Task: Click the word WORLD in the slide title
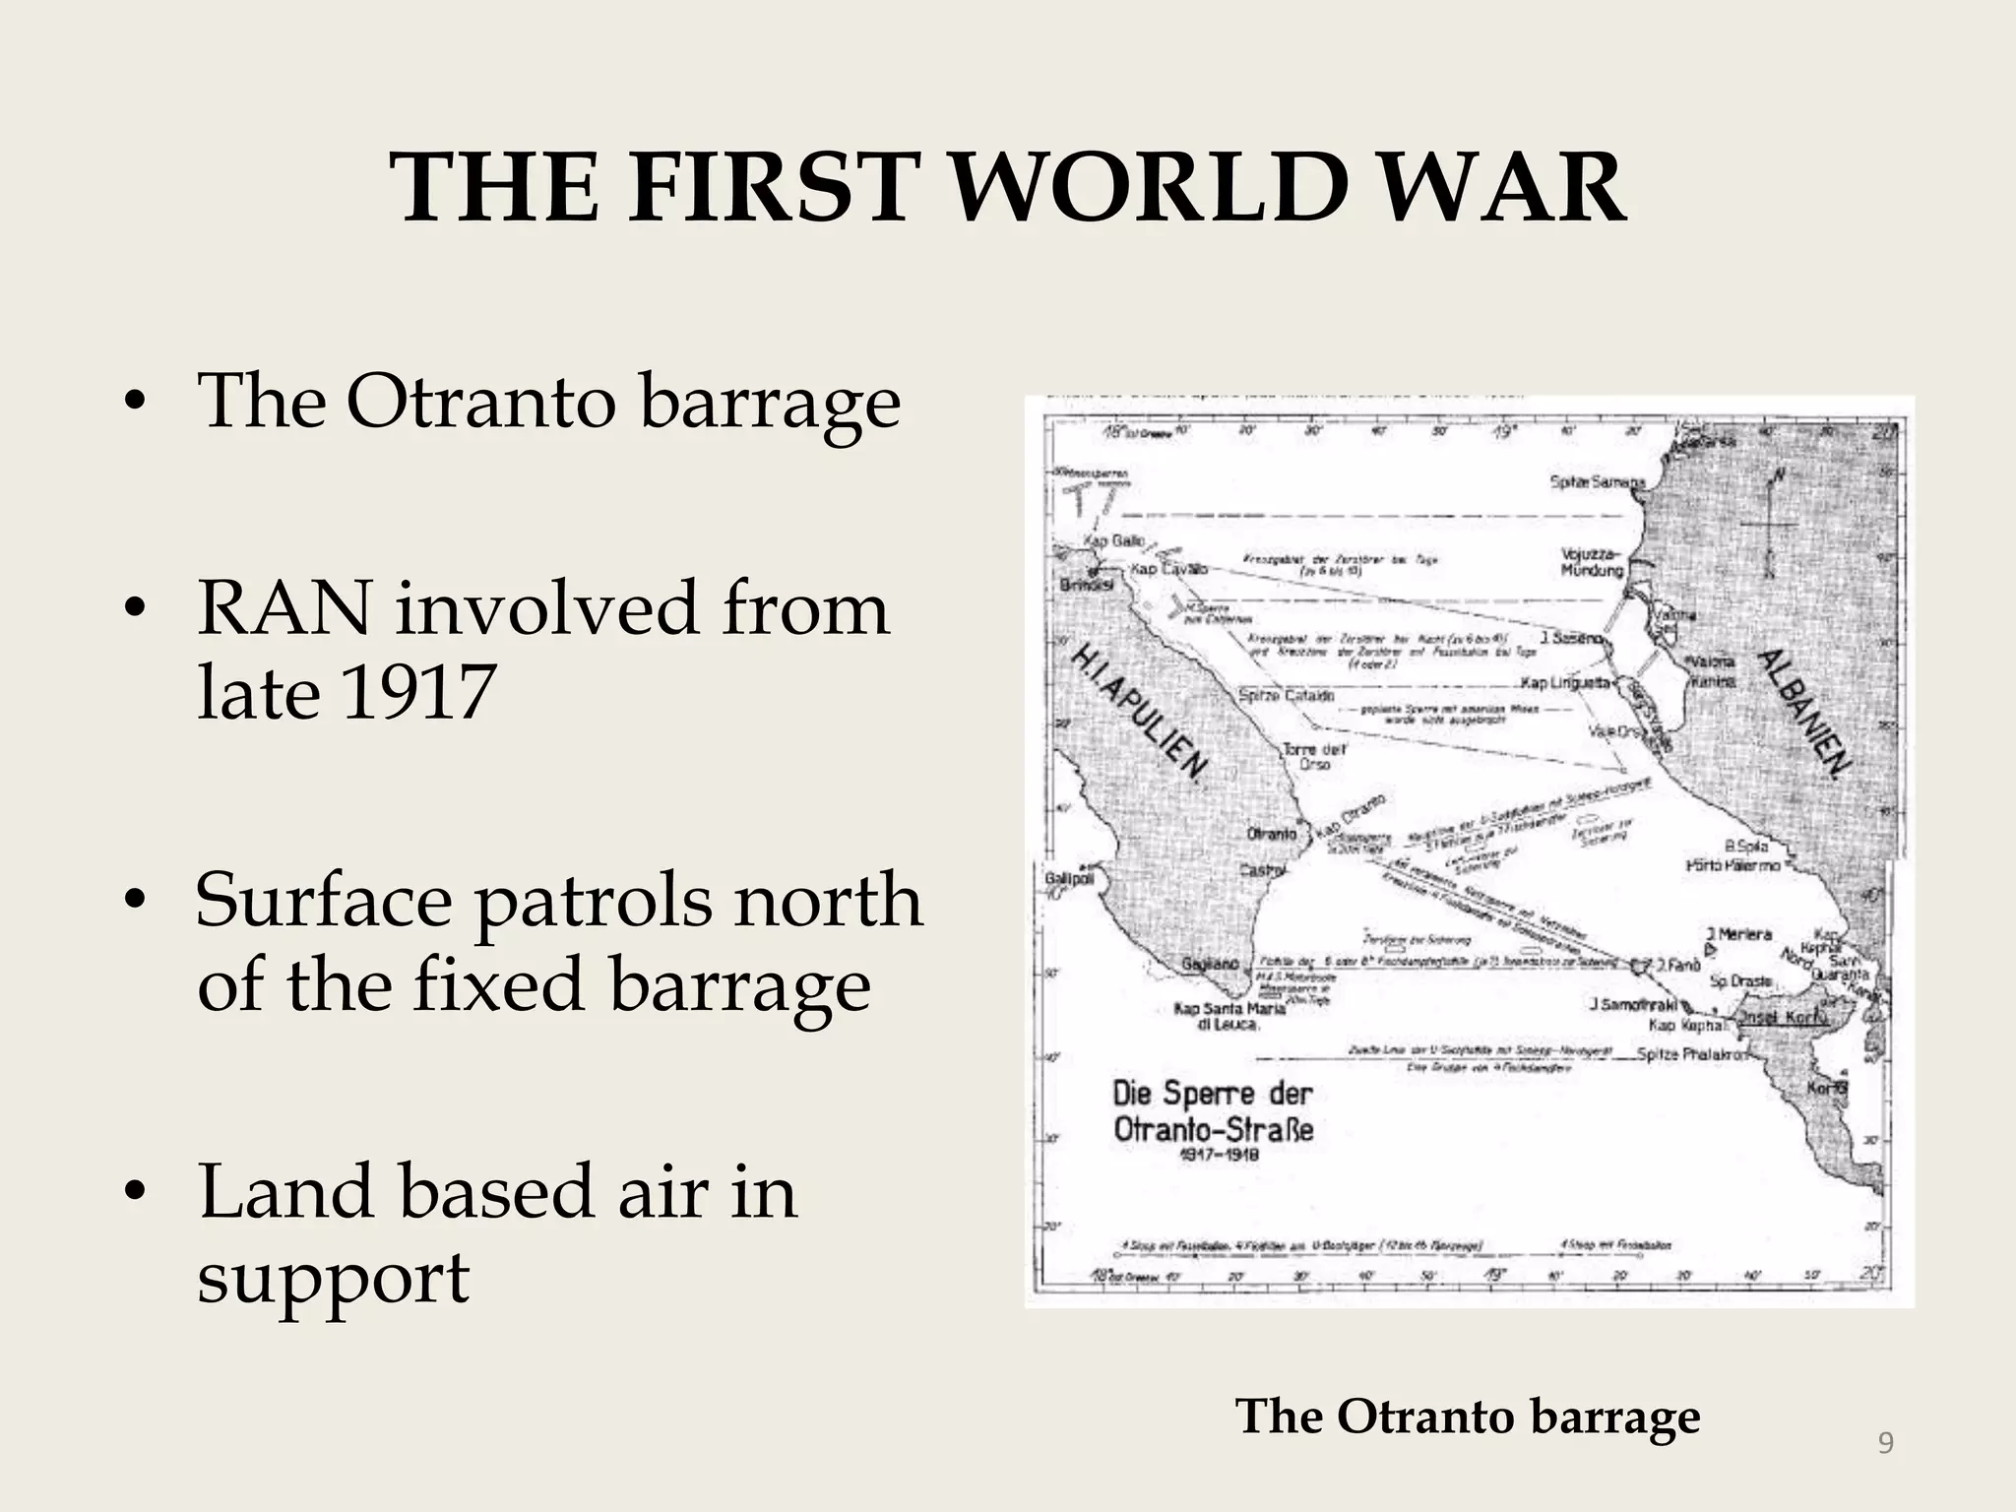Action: click(1152, 187)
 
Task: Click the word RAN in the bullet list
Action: click(285, 608)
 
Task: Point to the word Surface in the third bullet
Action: click(324, 899)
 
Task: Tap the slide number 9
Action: click(1885, 1443)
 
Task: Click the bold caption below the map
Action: click(1468, 1416)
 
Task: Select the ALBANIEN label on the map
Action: click(1804, 713)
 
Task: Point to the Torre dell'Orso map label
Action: click(1313, 756)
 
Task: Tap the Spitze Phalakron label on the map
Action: click(1692, 1054)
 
